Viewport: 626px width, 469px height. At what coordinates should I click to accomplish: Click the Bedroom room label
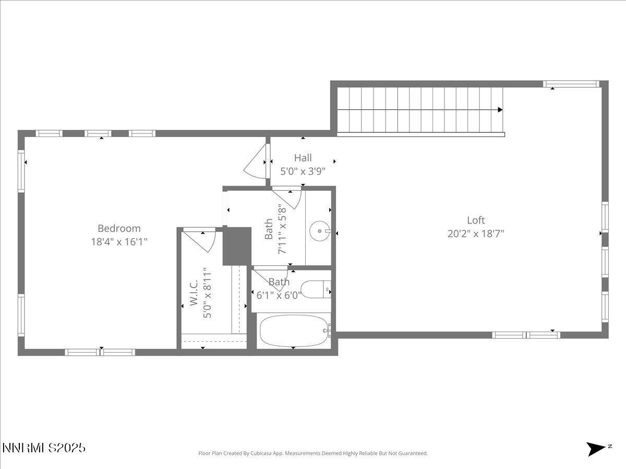119,228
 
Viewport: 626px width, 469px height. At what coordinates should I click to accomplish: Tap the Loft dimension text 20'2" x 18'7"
475,233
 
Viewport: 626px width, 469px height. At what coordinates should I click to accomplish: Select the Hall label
303,157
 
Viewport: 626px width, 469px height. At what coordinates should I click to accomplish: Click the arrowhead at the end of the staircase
500,110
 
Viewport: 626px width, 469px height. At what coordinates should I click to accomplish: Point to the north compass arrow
596,449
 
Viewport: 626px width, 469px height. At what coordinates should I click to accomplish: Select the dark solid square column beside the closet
237,246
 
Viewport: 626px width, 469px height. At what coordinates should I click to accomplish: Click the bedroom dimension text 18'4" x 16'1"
119,242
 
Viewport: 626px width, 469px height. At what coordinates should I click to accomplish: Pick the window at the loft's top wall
570,84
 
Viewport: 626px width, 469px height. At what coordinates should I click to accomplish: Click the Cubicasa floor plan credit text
313,453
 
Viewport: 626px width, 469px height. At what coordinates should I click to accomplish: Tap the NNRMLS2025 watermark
44,448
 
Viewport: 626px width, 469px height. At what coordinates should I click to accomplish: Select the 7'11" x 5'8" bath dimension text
283,228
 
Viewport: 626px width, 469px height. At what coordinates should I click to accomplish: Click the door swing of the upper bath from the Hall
288,198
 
